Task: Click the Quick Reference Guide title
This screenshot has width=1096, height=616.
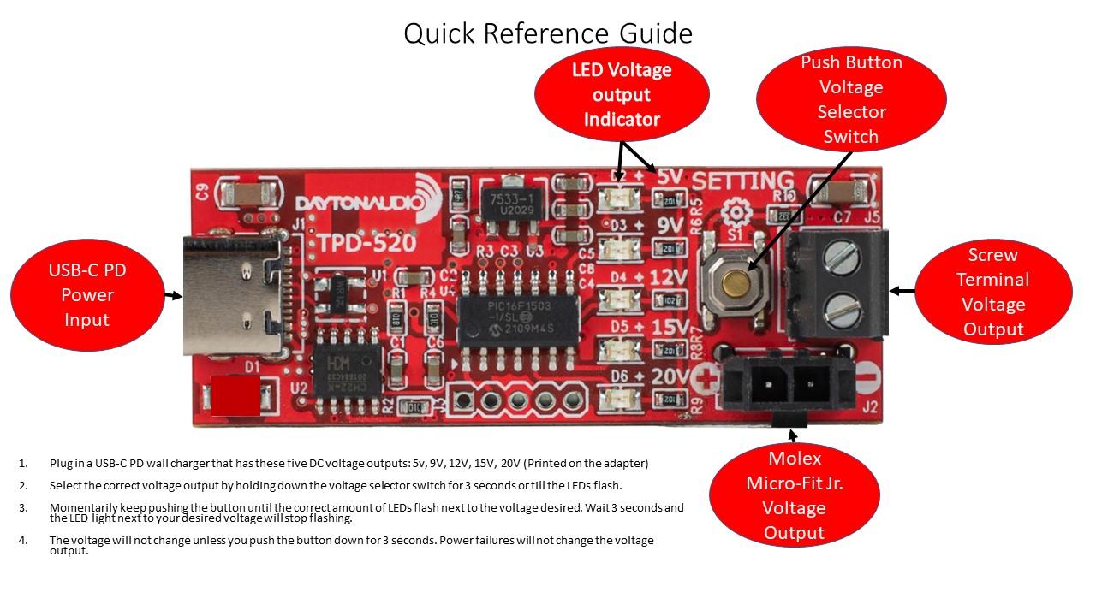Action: click(548, 33)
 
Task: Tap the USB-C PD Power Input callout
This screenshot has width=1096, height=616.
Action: click(87, 295)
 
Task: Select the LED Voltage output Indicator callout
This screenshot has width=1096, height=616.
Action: click(622, 94)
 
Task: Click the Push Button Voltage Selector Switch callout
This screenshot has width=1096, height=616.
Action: click(851, 99)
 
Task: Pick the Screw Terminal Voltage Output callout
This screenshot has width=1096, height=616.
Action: click(993, 292)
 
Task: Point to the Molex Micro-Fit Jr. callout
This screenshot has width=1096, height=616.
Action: click(794, 495)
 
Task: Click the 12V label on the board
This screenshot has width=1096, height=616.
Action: click(668, 278)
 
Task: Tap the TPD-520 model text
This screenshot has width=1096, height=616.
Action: click(368, 243)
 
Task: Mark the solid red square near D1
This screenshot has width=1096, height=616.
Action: click(235, 395)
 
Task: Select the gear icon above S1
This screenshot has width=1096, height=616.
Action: click(734, 212)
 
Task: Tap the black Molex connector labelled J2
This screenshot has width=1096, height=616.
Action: click(789, 382)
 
